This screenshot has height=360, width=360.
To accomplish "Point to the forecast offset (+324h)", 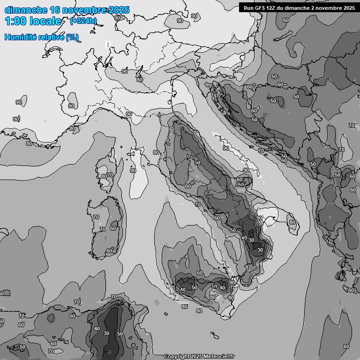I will click(x=83, y=21).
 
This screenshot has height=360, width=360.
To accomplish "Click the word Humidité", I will click(x=21, y=37).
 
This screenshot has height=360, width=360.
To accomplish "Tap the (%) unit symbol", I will click(x=72, y=37).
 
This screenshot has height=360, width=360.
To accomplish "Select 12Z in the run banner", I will click(x=273, y=8).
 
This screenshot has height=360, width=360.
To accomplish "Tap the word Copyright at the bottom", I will click(x=176, y=356).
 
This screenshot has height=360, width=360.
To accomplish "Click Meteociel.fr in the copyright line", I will click(x=217, y=356).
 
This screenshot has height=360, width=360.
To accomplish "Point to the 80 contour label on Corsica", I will click(x=104, y=176).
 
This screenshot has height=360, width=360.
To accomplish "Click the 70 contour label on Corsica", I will click(x=111, y=175).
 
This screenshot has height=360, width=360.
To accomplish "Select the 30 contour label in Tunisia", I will click(x=106, y=334).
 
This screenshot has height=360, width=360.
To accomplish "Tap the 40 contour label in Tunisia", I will click(x=97, y=329).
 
